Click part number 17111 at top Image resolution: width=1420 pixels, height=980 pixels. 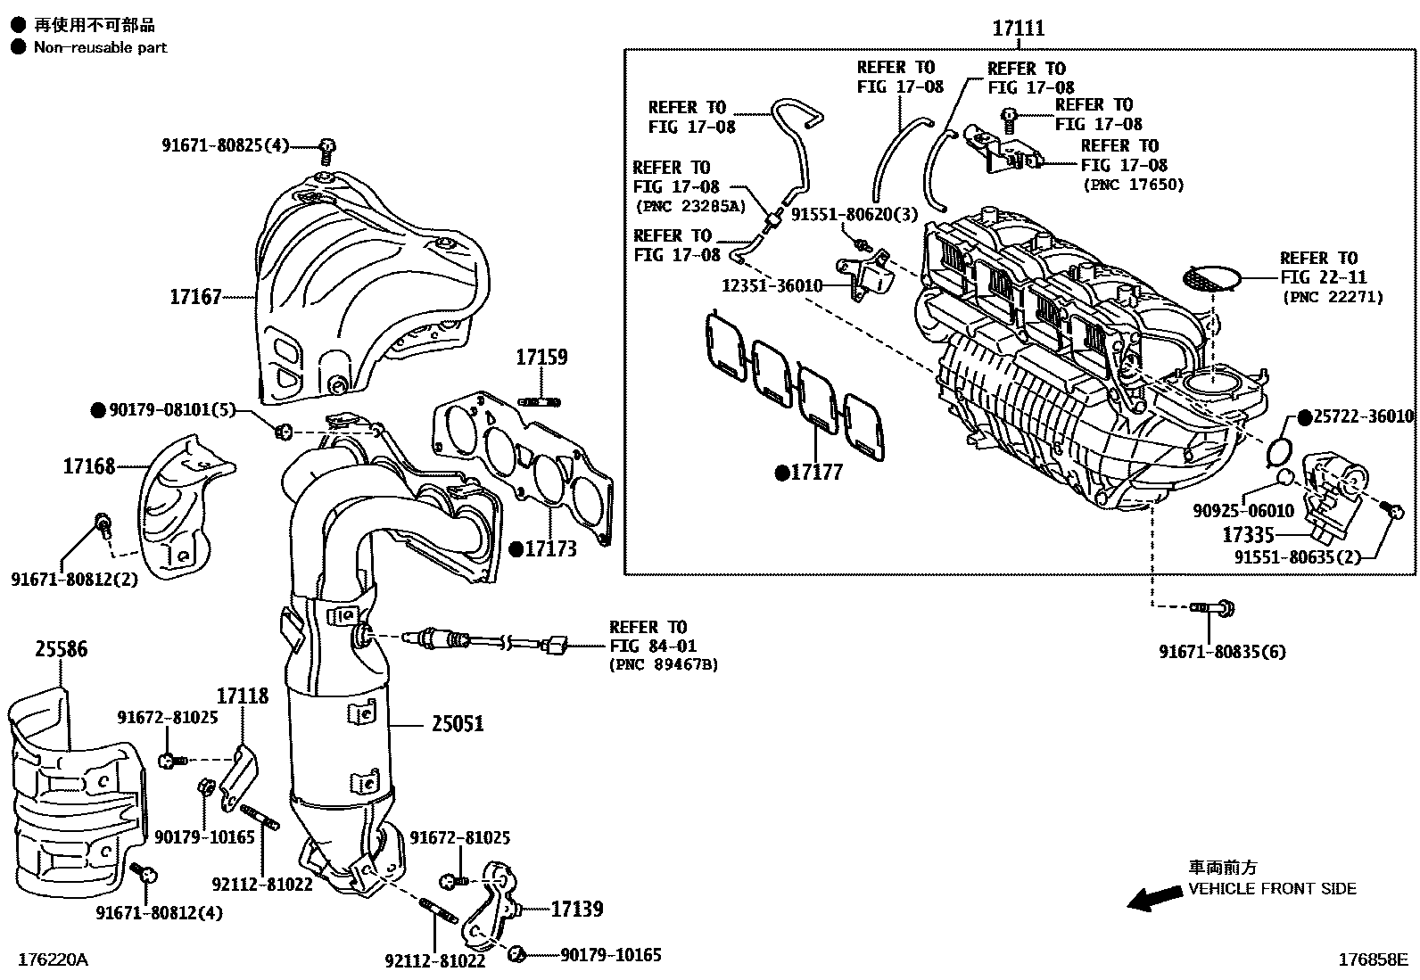pyautogui.click(x=1018, y=29)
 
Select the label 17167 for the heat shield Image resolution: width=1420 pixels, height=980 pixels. pyautogui.click(x=195, y=297)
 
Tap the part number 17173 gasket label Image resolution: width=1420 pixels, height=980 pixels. pyautogui.click(x=550, y=549)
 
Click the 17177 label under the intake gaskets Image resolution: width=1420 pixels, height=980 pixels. pyautogui.click(x=816, y=473)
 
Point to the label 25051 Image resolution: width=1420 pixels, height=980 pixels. pyautogui.click(x=458, y=723)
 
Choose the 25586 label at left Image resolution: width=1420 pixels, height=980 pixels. pyautogui.click(x=62, y=649)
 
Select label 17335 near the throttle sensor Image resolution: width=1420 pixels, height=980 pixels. pyautogui.click(x=1248, y=535)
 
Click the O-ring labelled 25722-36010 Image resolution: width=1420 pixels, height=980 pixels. pyautogui.click(x=1280, y=450)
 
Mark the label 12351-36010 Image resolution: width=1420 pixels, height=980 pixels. pyautogui.click(x=772, y=285)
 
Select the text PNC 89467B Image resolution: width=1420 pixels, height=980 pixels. pyautogui.click(x=664, y=664)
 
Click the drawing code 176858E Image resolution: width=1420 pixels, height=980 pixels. pyautogui.click(x=1372, y=960)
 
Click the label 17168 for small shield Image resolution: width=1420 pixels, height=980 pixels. pyautogui.click(x=89, y=466)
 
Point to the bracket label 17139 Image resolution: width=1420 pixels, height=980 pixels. pyautogui.click(x=576, y=910)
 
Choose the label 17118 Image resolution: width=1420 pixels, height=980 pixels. pyautogui.click(x=243, y=696)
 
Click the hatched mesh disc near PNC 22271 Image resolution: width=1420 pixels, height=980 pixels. pyautogui.click(x=1209, y=278)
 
